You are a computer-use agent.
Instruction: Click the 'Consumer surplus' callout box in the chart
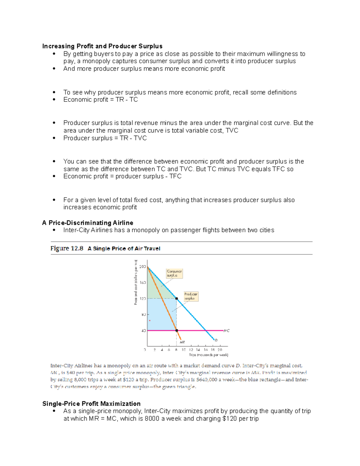click(174, 273)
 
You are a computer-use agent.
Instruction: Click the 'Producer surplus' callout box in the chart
click(191, 296)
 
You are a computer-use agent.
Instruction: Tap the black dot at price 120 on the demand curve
click(177, 299)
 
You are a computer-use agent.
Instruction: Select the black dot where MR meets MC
click(177, 331)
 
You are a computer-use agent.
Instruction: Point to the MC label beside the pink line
click(226, 331)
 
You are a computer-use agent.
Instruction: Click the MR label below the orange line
click(182, 342)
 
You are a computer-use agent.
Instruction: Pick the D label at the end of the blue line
click(216, 340)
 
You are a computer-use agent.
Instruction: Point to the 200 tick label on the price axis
click(142, 266)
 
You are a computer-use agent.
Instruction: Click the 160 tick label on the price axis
click(142, 283)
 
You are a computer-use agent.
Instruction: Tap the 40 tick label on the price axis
click(143, 331)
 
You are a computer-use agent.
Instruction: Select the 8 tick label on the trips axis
click(176, 350)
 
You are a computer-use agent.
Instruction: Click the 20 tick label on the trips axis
click(220, 350)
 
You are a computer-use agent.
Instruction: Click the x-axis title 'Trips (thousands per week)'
click(208, 355)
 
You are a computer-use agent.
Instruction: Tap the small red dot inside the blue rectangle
click(150, 321)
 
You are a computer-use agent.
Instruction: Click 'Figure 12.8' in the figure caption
click(67, 248)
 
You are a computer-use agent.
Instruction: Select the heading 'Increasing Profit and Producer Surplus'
click(102, 46)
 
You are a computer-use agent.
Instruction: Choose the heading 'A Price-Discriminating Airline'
click(88, 223)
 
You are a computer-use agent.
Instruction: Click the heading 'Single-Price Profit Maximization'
click(91, 404)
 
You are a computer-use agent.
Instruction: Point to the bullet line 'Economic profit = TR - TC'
click(100, 100)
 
